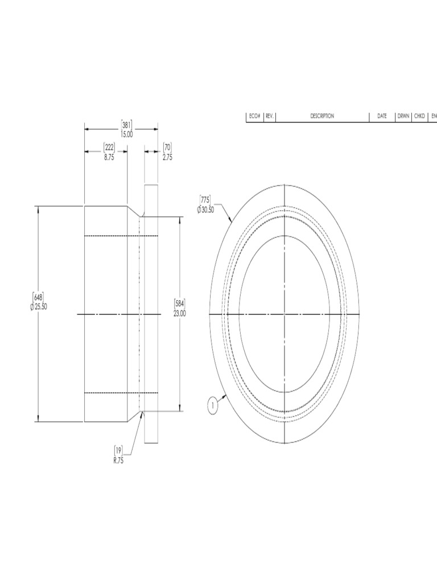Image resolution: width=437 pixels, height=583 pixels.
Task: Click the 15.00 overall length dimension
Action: click(126, 134)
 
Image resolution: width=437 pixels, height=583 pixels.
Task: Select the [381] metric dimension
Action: click(126, 125)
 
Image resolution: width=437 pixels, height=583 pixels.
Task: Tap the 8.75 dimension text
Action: click(109, 157)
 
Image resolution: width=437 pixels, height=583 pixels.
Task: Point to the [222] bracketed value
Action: click(109, 147)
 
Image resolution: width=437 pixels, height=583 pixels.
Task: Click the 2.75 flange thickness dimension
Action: click(167, 157)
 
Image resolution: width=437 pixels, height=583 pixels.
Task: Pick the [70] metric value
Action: click(167, 147)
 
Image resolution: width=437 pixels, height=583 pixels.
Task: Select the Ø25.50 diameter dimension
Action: click(38, 306)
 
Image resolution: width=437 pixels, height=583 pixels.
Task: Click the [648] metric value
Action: click(38, 297)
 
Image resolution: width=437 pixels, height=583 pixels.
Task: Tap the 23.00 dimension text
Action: click(180, 313)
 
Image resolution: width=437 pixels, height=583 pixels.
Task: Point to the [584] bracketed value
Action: click(180, 304)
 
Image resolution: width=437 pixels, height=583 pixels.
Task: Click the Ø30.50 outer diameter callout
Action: click(205, 210)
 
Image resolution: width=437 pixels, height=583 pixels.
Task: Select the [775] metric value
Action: click(205, 199)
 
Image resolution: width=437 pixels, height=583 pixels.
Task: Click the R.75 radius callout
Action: click(118, 460)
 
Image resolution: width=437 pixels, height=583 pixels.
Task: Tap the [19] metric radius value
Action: click(118, 450)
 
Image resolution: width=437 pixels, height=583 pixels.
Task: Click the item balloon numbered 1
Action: click(212, 406)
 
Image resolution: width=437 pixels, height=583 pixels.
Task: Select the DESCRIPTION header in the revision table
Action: click(322, 116)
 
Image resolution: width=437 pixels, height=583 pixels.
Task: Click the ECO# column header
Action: click(254, 116)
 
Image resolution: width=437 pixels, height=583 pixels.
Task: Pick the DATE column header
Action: click(382, 116)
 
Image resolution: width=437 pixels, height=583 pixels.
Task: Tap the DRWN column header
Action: click(403, 116)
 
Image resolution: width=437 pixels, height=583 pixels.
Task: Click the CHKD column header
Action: click(420, 116)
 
